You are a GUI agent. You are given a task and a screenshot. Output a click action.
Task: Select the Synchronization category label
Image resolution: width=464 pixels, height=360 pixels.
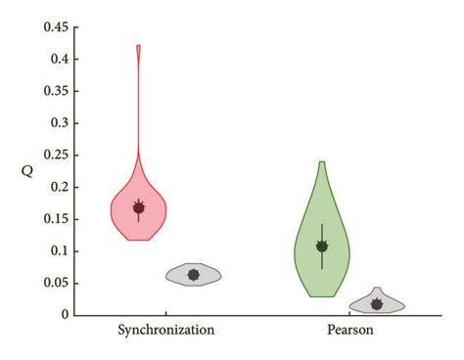[x=165, y=331]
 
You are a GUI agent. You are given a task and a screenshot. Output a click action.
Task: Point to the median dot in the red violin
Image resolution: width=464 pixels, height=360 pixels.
[x=139, y=207]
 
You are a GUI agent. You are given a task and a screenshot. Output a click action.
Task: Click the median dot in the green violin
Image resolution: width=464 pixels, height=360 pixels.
[x=322, y=247]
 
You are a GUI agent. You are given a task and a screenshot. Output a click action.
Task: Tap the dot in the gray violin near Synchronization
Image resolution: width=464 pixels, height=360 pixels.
[x=194, y=275]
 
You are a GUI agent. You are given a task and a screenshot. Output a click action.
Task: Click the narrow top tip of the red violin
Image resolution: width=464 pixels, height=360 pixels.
[x=139, y=47]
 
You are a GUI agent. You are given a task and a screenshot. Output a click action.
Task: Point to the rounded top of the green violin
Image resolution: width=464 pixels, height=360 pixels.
[x=322, y=163]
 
